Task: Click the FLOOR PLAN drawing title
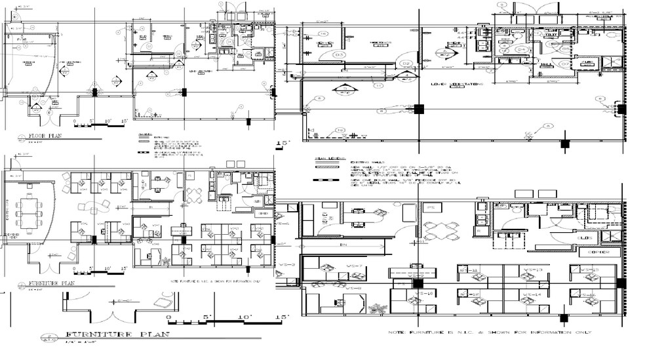coord(43,138)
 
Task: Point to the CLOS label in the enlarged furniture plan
coord(585,237)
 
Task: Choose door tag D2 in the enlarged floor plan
coord(406,64)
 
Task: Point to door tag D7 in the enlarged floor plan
coord(339,130)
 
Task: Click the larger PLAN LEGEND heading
coord(325,159)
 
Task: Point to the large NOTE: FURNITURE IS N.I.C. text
coord(489,333)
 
